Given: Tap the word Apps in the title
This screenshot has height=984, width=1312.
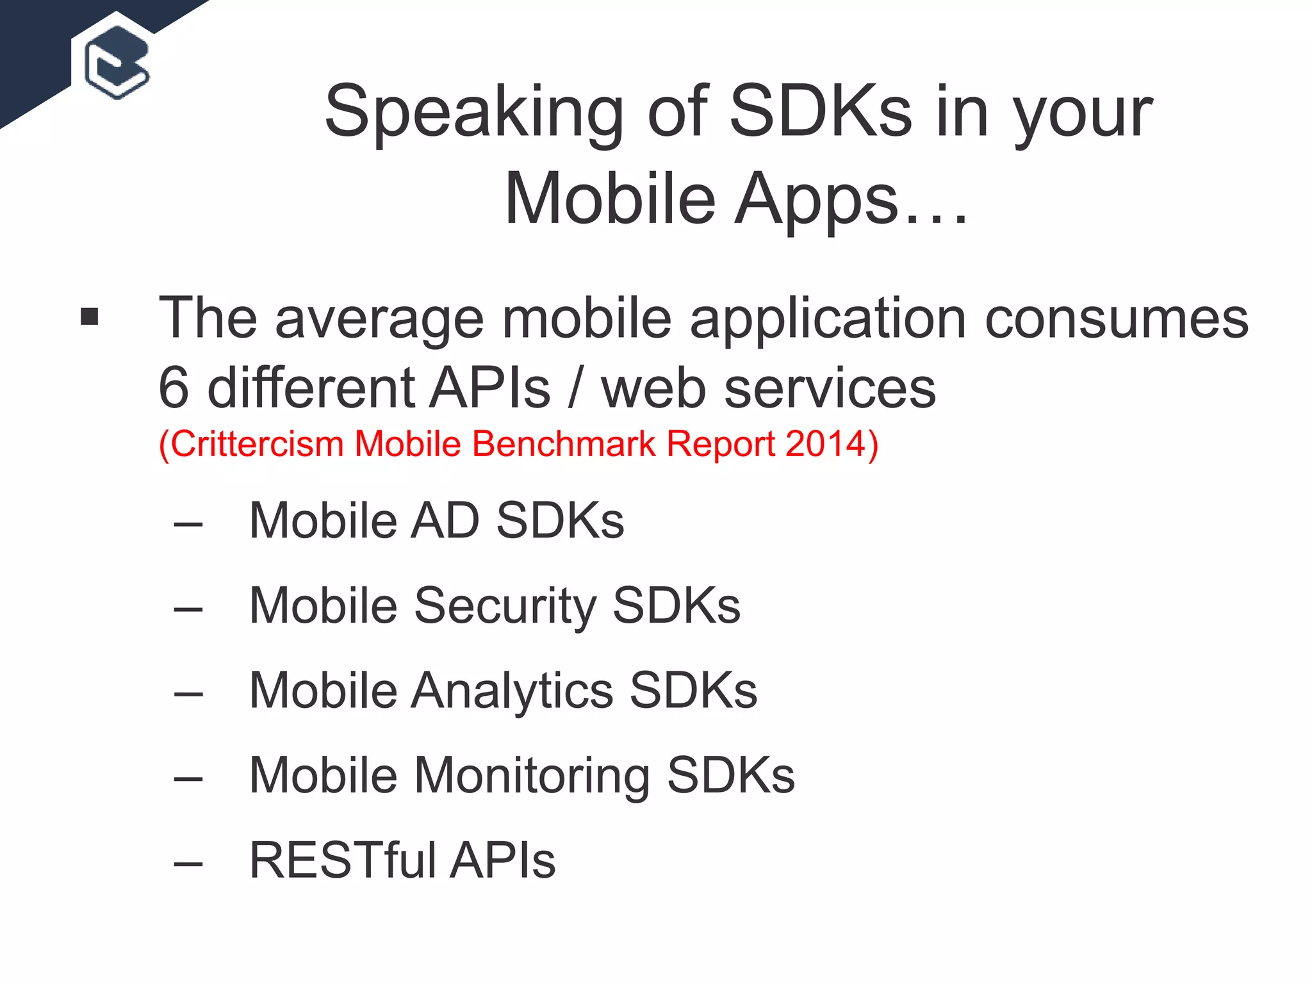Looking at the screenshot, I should tap(816, 200).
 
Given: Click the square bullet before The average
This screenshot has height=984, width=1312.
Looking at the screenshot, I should tap(90, 316).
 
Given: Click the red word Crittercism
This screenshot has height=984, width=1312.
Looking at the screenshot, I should tap(256, 444).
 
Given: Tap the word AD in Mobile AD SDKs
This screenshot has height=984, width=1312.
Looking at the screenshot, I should tap(445, 520).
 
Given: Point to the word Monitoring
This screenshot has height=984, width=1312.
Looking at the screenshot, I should tap(531, 776).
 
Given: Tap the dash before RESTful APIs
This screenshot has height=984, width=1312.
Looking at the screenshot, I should tap(188, 864).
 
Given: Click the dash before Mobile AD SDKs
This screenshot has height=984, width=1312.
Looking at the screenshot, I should tap(188, 525).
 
